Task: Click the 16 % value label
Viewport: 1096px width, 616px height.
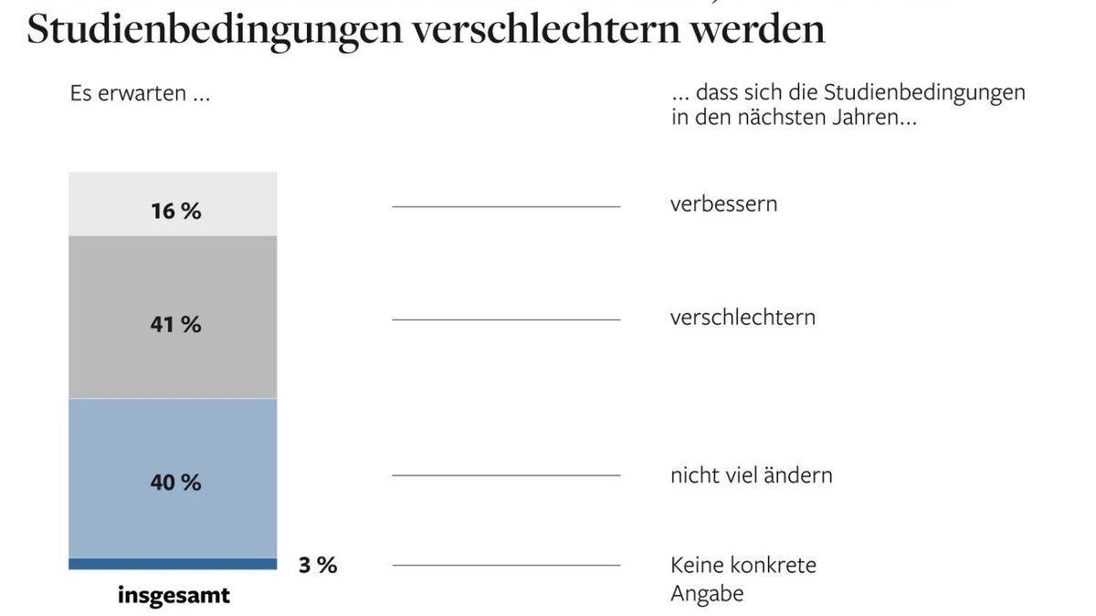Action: pos(175,211)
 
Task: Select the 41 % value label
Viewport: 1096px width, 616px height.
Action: pos(175,324)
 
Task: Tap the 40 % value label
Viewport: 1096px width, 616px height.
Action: pos(175,482)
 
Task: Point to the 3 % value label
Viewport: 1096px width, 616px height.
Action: pos(318,565)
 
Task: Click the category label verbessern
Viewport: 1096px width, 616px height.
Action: pos(723,204)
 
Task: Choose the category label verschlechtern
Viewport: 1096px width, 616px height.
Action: pos(743,318)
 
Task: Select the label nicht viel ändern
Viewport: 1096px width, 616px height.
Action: pos(751,475)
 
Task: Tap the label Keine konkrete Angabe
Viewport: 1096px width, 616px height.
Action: pos(743,579)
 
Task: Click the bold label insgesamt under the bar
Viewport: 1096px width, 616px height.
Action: pos(174,596)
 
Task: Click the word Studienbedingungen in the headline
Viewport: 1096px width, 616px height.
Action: pos(214,29)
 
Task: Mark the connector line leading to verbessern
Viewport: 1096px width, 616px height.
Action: pos(506,207)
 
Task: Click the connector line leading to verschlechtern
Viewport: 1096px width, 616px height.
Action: pos(506,319)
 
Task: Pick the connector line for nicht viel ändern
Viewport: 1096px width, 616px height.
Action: pos(506,475)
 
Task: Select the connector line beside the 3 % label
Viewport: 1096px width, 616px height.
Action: pos(506,565)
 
